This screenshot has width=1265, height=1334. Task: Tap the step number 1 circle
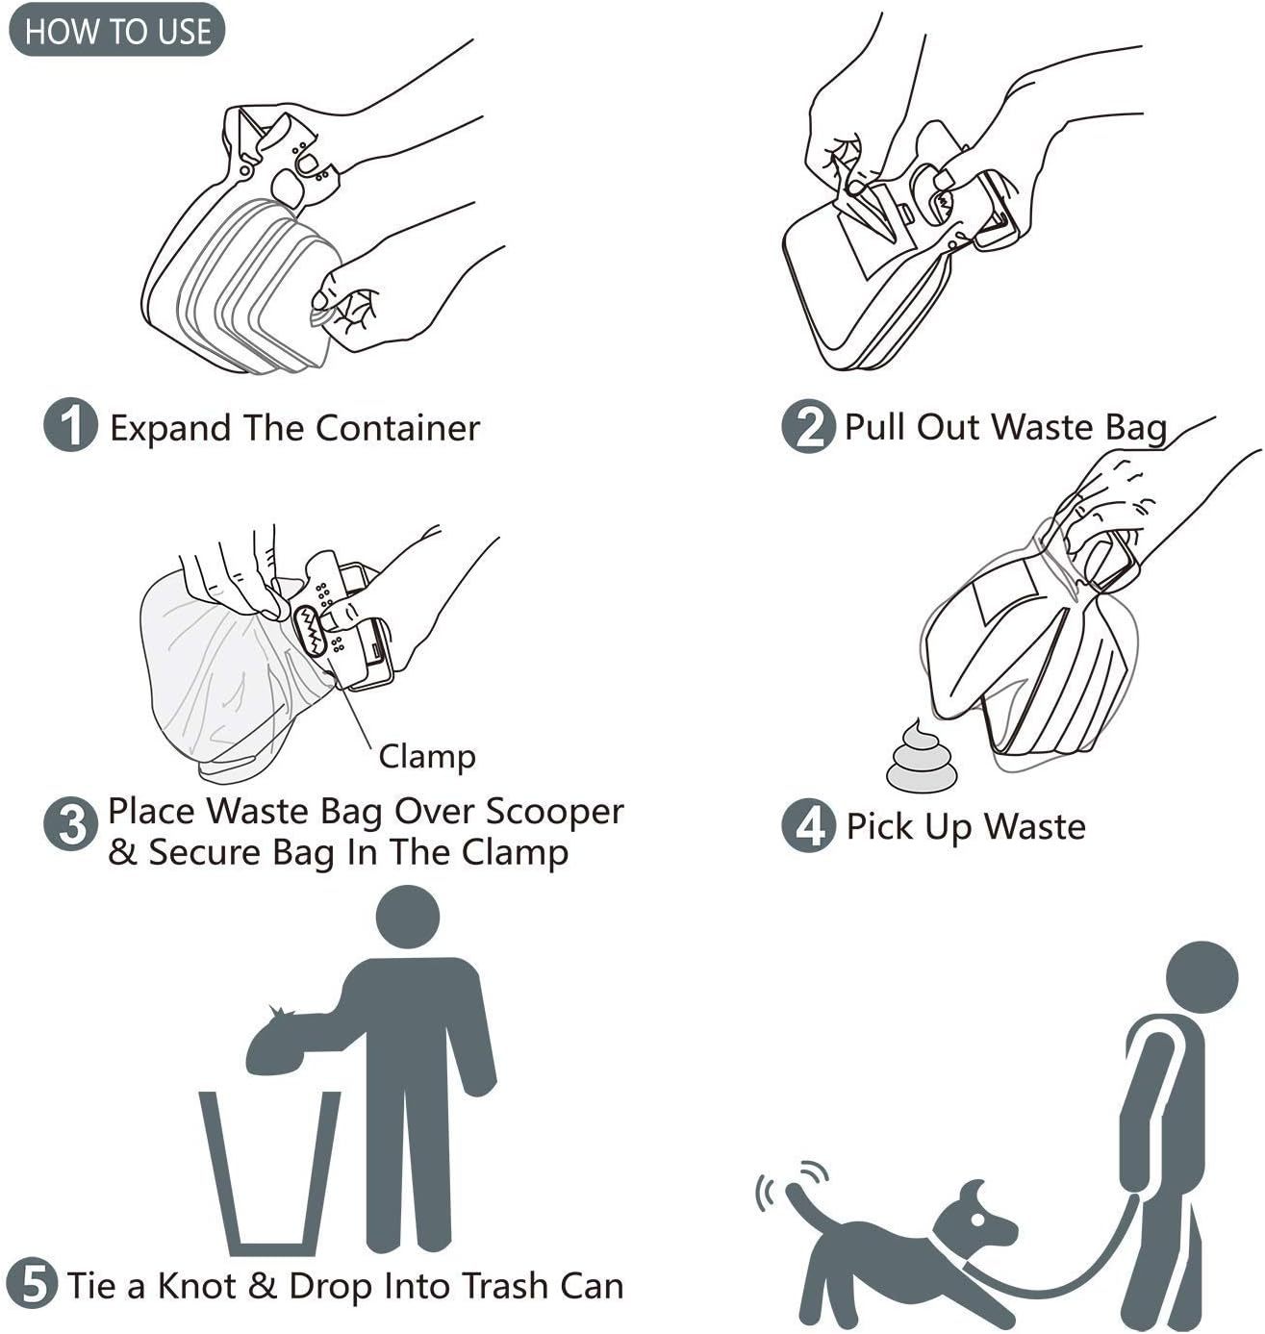coord(70,426)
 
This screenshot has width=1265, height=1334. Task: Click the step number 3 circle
coord(70,825)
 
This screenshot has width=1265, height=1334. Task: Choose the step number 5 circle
coord(33,1285)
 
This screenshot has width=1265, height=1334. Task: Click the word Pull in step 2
coord(874,426)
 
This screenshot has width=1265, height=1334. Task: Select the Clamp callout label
coord(427,757)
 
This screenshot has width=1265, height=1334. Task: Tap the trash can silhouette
coord(270,1173)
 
